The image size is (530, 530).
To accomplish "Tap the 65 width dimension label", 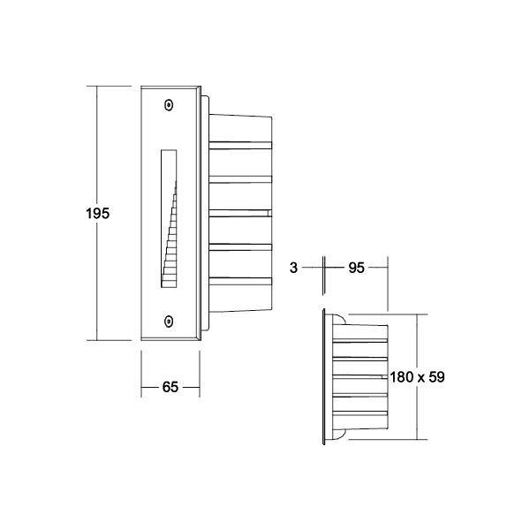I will pos(171,386).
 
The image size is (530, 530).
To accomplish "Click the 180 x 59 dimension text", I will pos(416,376).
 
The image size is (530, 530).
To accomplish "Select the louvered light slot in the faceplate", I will pos(170,219).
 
